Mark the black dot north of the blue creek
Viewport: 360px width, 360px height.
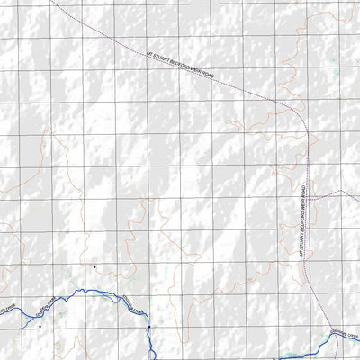pyautogui.click(x=94, y=267)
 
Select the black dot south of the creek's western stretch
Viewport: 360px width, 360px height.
pyautogui.click(x=40, y=327)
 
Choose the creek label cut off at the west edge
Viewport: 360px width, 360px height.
pyautogui.click(x=7, y=309)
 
